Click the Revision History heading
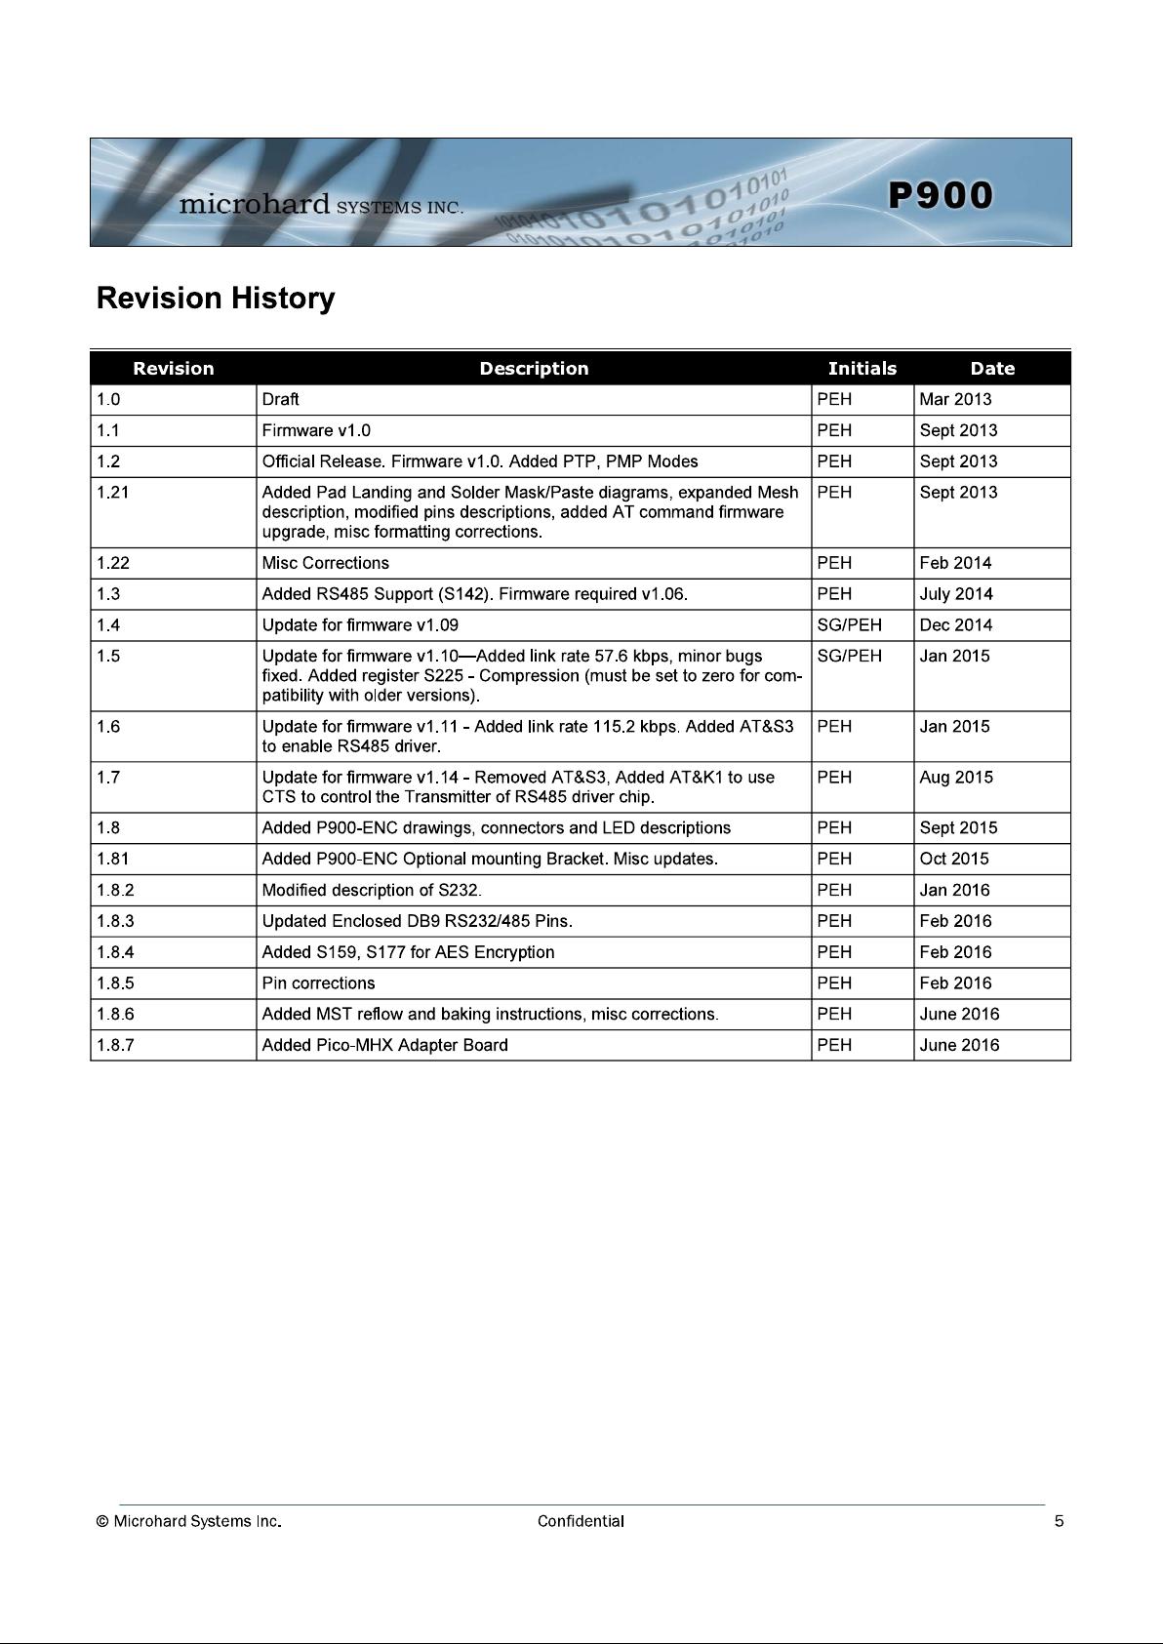point(215,299)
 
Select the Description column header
point(534,369)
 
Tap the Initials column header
point(862,369)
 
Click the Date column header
point(991,369)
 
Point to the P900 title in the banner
point(941,195)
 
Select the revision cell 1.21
point(113,493)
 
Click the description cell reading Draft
point(281,399)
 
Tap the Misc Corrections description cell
point(325,563)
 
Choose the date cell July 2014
point(955,594)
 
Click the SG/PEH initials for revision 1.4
point(849,625)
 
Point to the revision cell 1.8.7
point(116,1045)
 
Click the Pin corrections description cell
point(318,983)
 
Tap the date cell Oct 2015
point(954,859)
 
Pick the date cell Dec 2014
point(955,625)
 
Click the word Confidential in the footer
point(581,1521)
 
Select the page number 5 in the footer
point(1059,1521)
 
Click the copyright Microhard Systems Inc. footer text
point(189,1521)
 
